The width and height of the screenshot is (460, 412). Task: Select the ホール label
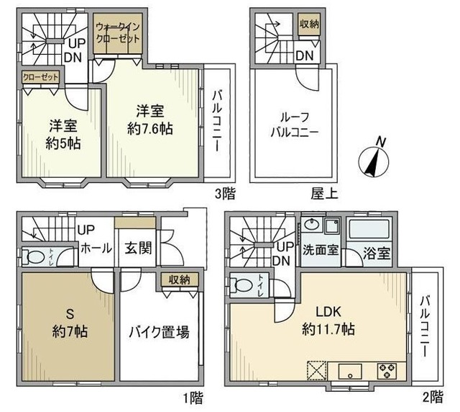pos(97,248)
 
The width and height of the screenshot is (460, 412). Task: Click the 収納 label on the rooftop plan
pos(310,23)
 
